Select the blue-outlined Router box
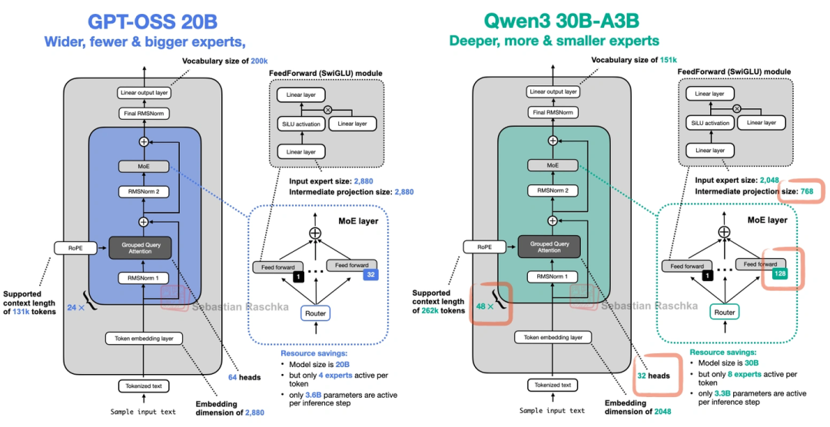pos(315,313)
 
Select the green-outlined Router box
pos(724,313)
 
